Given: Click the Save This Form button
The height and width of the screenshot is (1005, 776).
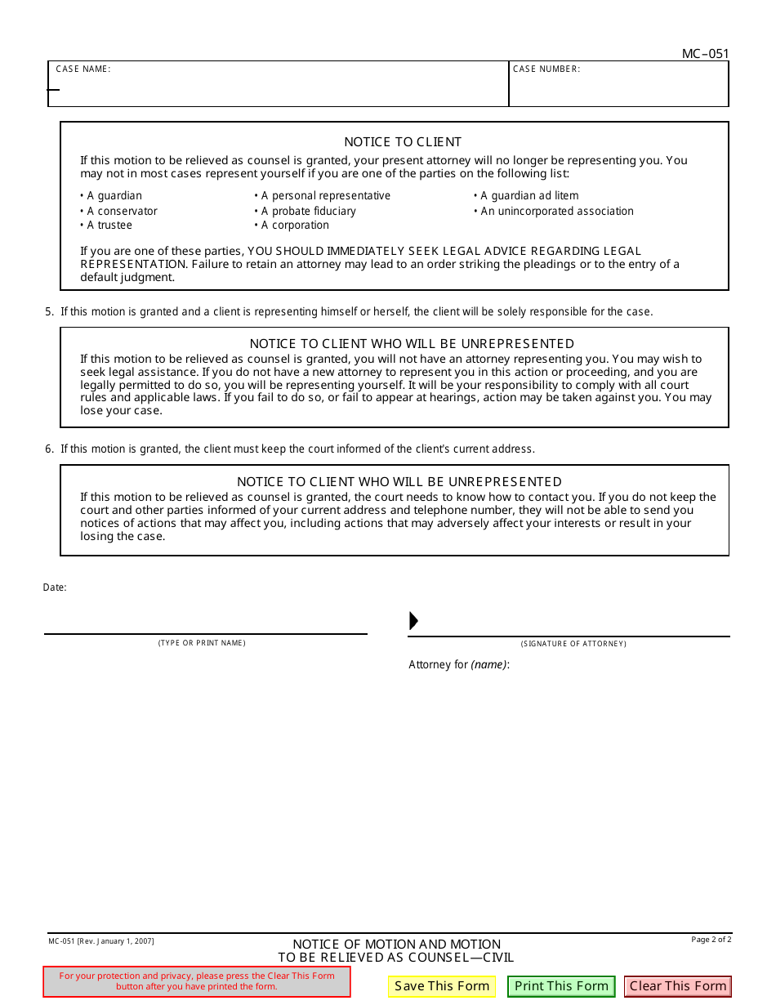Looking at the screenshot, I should (442, 986).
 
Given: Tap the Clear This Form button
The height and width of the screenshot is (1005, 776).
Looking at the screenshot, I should (677, 986).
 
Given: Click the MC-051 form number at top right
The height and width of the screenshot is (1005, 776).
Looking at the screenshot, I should (705, 54).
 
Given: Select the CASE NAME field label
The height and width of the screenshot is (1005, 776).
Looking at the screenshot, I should (83, 69).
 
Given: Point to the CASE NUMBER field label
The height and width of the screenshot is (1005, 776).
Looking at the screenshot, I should (546, 69).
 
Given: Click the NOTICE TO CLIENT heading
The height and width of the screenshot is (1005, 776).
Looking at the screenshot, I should (403, 142).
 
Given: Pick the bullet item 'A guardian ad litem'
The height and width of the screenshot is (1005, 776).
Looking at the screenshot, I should (528, 196).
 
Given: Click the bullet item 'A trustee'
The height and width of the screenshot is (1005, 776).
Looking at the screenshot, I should (109, 226).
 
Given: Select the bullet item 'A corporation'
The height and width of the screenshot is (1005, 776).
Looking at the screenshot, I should (294, 226).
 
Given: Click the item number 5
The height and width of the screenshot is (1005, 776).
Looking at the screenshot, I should (49, 312).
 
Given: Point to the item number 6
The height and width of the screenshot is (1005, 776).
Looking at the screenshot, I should (49, 449).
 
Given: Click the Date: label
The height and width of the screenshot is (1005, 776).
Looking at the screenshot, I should (55, 587).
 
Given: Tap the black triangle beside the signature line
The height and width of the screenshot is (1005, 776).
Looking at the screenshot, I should (413, 621).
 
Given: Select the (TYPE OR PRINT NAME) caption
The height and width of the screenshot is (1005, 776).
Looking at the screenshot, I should (202, 643).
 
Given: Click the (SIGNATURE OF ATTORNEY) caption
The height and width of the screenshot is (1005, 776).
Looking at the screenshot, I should (573, 644).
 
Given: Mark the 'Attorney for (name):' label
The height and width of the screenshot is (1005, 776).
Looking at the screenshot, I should (459, 665).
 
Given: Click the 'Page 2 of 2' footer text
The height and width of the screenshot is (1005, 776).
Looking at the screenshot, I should (711, 940).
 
